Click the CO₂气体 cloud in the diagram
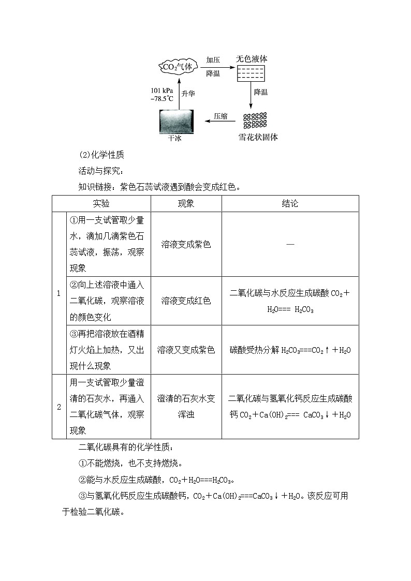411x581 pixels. [178, 66]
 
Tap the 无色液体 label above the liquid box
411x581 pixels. [252, 59]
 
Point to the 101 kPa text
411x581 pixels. [162, 90]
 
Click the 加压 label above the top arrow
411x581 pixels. [213, 59]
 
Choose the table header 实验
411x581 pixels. [101, 203]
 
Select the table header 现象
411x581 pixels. [186, 203]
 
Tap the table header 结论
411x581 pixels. [290, 203]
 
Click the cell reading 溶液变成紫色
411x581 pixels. [186, 244]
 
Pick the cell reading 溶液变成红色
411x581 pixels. [186, 301]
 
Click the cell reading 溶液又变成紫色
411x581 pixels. [186, 350]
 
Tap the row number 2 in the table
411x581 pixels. [59, 407]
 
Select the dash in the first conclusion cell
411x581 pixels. [290, 244]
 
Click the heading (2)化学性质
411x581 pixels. [101, 155]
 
